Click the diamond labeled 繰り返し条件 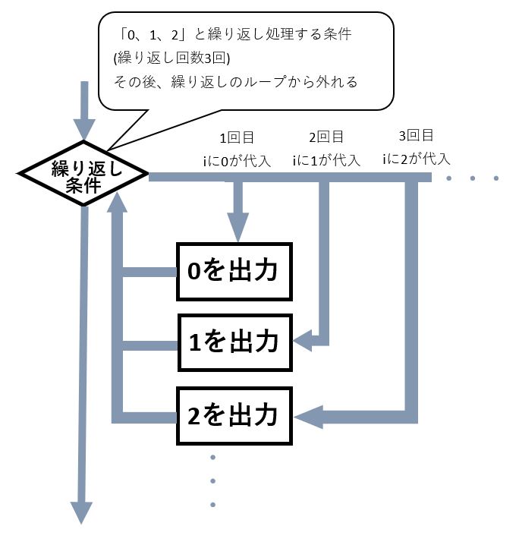pos(82,176)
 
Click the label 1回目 pos(237,138)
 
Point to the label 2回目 pos(326,137)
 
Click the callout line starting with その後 pos(235,81)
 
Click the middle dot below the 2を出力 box pos(212,481)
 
